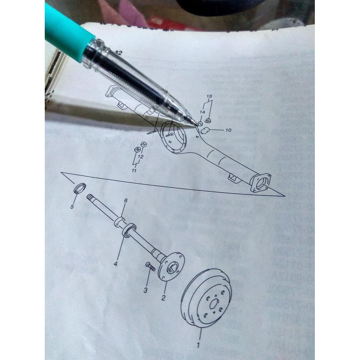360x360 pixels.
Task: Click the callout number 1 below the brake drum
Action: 198,345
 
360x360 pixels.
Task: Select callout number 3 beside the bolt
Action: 145,290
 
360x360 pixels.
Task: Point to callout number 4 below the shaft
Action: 115,264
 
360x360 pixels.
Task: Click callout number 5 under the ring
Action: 72,207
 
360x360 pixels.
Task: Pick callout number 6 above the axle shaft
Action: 125,201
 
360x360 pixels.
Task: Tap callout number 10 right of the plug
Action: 228,130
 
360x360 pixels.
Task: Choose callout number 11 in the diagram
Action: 134,170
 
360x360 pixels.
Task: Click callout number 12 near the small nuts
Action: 140,157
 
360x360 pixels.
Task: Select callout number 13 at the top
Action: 209,96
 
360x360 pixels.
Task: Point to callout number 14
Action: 202,112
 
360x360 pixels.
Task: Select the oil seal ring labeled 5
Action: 79,188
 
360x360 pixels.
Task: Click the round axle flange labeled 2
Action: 172,266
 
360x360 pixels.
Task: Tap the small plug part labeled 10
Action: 205,130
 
